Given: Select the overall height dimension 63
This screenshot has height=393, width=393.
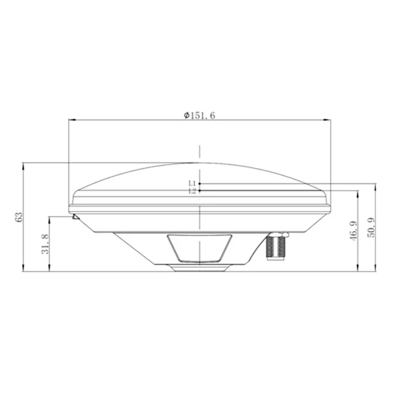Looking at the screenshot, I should click(x=18, y=216).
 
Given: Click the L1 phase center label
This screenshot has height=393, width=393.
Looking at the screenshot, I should click(x=192, y=184).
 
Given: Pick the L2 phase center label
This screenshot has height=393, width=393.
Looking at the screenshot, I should click(x=192, y=191).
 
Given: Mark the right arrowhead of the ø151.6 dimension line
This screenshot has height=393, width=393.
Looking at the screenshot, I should click(x=328, y=119).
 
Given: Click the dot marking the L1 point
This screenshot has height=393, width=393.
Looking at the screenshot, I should click(x=199, y=184).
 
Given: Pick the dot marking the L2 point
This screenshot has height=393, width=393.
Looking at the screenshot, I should click(x=199, y=191).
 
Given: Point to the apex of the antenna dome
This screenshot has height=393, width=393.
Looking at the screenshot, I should click(x=199, y=162).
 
